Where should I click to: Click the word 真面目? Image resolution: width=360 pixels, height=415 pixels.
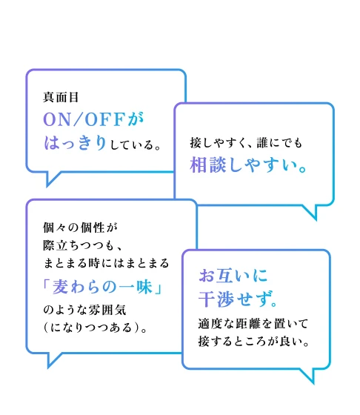pos(61,97)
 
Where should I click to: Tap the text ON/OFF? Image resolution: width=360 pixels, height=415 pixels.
pos(84,119)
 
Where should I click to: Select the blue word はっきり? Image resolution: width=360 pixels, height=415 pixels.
pos(75,143)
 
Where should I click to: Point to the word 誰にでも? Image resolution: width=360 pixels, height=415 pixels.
pos(279,143)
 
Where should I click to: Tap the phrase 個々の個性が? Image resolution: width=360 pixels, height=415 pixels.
pos(80,228)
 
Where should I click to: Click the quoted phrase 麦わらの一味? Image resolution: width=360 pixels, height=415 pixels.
pos(102,287)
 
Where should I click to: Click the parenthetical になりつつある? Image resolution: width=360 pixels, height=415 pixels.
pos(91,328)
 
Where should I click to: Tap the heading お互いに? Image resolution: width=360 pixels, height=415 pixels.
pos(233,276)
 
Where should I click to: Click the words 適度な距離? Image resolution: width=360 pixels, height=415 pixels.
pos(229,324)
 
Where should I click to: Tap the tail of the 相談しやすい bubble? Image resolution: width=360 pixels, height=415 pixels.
pos(311,212)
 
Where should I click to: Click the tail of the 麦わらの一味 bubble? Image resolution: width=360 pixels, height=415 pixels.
pos(53,359)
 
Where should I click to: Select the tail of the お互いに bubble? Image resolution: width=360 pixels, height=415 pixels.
pos(309,376)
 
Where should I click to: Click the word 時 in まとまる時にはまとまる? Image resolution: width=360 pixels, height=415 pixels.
pos(94,263)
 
